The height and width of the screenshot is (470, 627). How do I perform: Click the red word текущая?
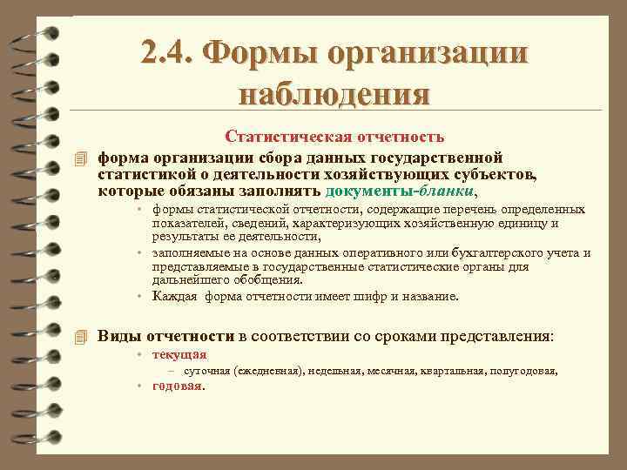[179, 354]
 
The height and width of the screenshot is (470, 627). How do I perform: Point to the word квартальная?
[454, 371]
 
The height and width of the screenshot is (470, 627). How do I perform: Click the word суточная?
[207, 371]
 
